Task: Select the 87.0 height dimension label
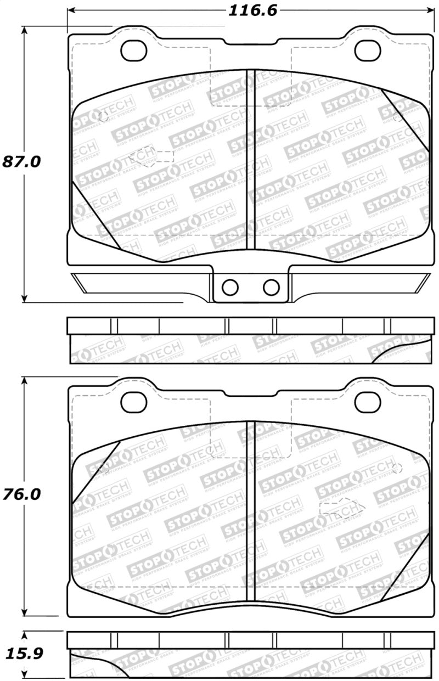coord(22,161)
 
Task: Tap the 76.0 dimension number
coord(22,494)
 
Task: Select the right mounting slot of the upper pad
coord(368,50)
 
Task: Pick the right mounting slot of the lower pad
coord(368,402)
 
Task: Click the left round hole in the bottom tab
coord(230,286)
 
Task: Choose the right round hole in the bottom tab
coord(271,286)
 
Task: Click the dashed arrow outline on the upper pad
coord(150,156)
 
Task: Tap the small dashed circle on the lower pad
coord(398,468)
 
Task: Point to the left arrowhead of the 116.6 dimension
coord(71,10)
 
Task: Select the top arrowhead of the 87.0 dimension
coord(24,31)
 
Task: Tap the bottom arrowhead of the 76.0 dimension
coord(24,611)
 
